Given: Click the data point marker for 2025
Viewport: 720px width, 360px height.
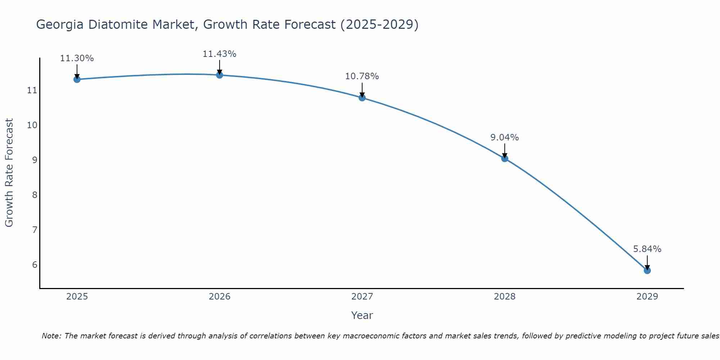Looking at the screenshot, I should pyautogui.click(x=77, y=79).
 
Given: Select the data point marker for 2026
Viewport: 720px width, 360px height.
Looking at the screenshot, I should pyautogui.click(x=220, y=75).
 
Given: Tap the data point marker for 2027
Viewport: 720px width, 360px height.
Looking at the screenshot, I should pyautogui.click(x=362, y=98).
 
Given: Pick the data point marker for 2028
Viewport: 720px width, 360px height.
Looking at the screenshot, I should pyautogui.click(x=505, y=158).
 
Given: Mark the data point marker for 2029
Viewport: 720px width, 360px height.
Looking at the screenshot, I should pyautogui.click(x=647, y=270).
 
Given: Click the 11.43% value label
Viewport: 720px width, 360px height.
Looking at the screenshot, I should pyautogui.click(x=220, y=54).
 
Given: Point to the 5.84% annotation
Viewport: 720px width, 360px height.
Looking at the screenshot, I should pyautogui.click(x=647, y=249).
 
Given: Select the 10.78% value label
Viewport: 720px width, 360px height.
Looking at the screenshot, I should pyautogui.click(x=362, y=76).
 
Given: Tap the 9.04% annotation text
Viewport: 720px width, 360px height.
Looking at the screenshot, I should pyautogui.click(x=505, y=138).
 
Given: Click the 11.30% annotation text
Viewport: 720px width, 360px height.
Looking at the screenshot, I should pyautogui.click(x=77, y=58).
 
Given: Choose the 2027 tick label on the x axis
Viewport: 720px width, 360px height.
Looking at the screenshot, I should pyautogui.click(x=362, y=297).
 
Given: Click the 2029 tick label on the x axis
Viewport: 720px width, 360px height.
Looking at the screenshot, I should pyautogui.click(x=647, y=297).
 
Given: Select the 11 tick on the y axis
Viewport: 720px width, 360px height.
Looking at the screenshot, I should pyautogui.click(x=32, y=90).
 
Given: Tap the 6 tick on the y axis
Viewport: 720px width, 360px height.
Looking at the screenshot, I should pyautogui.click(x=35, y=265).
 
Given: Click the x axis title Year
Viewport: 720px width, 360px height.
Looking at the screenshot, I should pyautogui.click(x=362, y=316).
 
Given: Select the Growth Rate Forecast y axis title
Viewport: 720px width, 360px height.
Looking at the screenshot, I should pyautogui.click(x=9, y=173).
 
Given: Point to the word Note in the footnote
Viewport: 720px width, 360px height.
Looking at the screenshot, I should pyautogui.click(x=52, y=336).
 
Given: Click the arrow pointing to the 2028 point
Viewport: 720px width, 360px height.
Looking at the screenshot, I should pyautogui.click(x=505, y=150).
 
